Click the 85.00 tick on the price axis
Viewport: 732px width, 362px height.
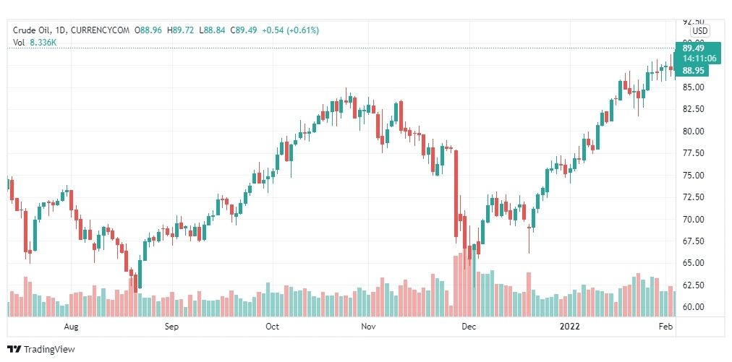(693, 87)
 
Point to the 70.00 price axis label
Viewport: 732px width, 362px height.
(693, 219)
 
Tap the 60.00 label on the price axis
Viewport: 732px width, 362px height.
(693, 306)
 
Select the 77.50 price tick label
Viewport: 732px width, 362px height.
(693, 153)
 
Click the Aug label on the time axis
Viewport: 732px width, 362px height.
(71, 327)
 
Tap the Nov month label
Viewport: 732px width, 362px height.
(368, 327)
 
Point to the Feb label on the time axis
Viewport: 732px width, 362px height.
(666, 327)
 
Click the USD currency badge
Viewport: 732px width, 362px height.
(699, 31)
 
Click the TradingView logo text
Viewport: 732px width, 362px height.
(48, 350)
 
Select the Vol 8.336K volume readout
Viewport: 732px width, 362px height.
(35, 43)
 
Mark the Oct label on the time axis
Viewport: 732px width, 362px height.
(272, 327)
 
